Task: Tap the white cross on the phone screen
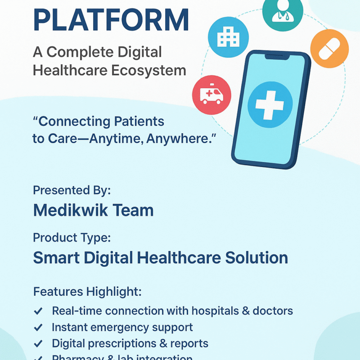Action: pos(270,104)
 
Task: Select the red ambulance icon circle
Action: pos(211,95)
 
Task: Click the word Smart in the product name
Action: pos(56,258)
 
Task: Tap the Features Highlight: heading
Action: pos(87,292)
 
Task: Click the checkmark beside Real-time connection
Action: pos(39,311)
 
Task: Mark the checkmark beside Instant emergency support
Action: pos(39,328)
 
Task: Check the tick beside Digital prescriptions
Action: pos(39,344)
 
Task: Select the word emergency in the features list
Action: pos(122,328)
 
